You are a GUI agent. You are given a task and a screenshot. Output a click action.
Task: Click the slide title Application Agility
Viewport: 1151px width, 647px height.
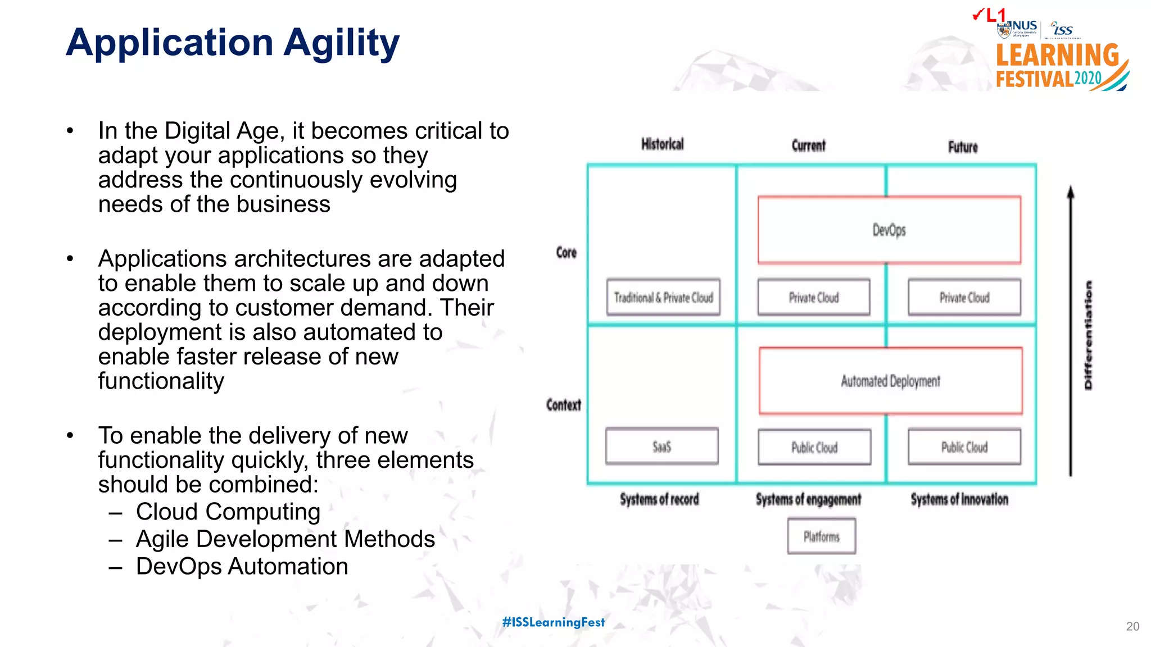point(232,43)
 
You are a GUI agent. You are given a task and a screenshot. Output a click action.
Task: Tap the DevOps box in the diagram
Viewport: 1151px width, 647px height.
point(889,230)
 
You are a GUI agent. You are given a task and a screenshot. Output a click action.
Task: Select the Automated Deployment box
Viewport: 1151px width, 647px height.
point(890,381)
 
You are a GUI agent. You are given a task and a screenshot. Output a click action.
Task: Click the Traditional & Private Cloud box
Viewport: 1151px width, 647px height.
point(663,297)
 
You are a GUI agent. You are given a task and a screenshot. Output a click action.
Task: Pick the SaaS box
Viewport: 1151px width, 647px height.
point(661,446)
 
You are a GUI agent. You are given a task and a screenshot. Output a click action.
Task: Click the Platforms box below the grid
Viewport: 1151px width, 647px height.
point(821,536)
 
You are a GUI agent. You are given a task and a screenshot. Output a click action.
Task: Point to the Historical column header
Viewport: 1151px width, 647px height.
point(663,144)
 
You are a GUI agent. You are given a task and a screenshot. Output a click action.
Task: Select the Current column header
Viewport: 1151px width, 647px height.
point(808,145)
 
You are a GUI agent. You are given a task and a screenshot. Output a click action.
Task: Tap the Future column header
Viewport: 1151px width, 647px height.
point(963,147)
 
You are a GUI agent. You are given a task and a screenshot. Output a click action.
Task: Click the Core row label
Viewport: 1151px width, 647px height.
point(567,253)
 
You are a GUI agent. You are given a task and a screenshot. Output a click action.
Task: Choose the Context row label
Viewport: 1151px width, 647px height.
point(564,405)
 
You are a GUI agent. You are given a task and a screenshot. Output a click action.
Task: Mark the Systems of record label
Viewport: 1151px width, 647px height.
point(659,499)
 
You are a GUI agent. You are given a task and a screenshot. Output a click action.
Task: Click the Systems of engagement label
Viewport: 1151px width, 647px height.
point(808,499)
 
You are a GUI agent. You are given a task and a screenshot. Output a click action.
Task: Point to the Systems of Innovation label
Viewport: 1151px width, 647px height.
point(959,499)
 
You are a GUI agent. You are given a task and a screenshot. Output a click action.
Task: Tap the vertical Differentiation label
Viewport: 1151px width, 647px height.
point(1089,335)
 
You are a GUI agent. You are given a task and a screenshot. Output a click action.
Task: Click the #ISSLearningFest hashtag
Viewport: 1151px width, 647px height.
point(553,622)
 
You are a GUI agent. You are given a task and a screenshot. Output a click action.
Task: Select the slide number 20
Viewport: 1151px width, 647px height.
point(1132,626)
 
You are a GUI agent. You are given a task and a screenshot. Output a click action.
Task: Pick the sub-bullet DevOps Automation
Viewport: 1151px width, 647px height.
point(242,566)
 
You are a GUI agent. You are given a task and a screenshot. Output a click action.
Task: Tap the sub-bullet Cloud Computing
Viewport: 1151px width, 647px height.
point(228,512)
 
